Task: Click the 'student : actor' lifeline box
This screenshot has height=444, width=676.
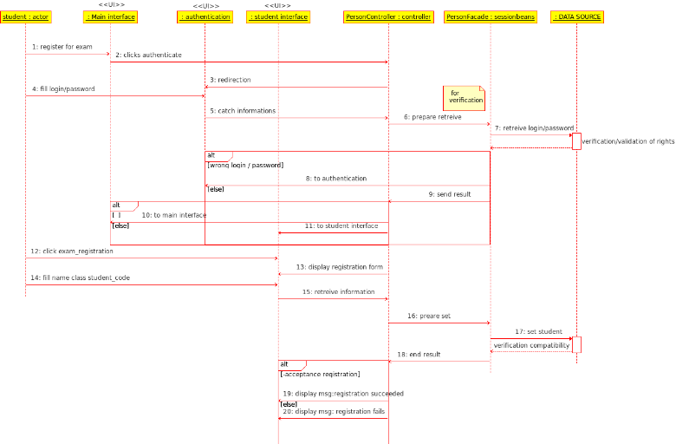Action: (26, 16)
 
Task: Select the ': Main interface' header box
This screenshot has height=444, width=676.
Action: (110, 16)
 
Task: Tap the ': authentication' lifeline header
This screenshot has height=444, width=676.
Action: (205, 16)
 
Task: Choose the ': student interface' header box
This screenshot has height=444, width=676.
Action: (277, 16)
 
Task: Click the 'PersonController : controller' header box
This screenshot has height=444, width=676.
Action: (388, 16)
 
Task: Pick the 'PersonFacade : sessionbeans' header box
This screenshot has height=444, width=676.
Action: (491, 16)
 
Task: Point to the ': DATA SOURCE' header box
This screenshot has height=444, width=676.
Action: (576, 16)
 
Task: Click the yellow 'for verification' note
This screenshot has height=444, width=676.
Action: (464, 96)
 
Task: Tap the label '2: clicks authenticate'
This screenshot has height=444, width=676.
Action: (148, 55)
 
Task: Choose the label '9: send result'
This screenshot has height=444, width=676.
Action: (450, 194)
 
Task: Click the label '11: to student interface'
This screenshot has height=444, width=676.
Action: (341, 225)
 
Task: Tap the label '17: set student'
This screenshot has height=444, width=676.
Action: (538, 331)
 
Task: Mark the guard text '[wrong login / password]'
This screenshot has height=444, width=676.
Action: (245, 165)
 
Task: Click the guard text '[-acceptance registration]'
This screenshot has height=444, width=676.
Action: (320, 374)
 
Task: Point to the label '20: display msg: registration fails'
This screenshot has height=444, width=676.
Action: (334, 411)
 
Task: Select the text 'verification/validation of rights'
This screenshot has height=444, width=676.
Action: (627, 140)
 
